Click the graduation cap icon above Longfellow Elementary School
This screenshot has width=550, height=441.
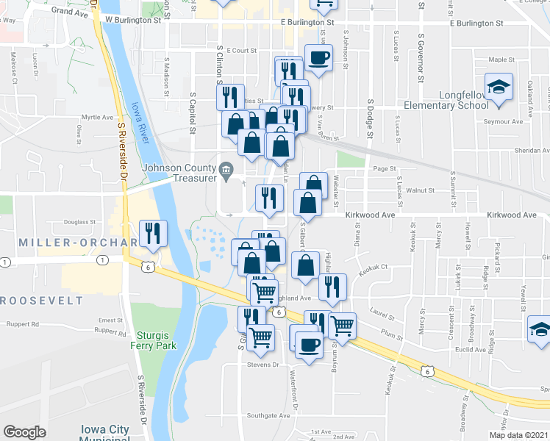pyautogui.click(x=500, y=88)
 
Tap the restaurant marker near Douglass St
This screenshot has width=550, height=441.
pyautogui.click(x=153, y=234)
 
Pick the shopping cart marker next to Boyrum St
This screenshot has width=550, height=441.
pyautogui.click(x=342, y=325)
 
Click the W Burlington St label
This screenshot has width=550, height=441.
pyautogui.click(x=133, y=21)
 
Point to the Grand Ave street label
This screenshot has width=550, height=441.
pyautogui.click(x=71, y=12)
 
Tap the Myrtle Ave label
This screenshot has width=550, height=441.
pyautogui.click(x=97, y=117)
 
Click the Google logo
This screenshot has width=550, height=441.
pyautogui.click(x=24, y=432)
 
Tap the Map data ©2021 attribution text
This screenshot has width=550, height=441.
pyautogui.click(x=518, y=435)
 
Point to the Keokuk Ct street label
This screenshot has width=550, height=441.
pyautogui.click(x=374, y=268)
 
